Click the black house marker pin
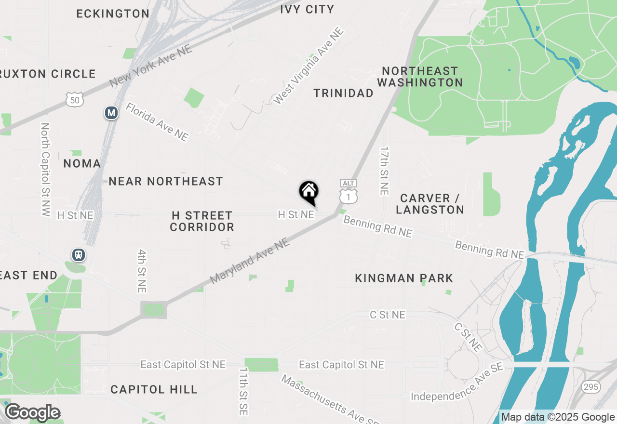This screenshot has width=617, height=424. (x=309, y=192)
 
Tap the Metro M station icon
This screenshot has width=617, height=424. (x=111, y=113)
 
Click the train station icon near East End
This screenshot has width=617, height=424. (x=78, y=254)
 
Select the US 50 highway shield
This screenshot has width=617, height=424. (x=75, y=99)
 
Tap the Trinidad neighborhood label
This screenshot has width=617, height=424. (x=343, y=93)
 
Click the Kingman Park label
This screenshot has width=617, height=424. (x=404, y=278)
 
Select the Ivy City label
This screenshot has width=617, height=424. (x=307, y=9)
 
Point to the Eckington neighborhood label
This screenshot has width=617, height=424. (x=113, y=13)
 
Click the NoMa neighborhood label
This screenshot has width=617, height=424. (x=82, y=164)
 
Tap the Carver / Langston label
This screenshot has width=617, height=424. (x=432, y=204)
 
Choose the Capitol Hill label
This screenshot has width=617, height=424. (x=154, y=389)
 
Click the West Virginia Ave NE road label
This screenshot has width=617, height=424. (x=308, y=66)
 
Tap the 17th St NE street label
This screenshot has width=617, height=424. (x=384, y=171)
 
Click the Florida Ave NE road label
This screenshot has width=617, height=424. (x=157, y=122)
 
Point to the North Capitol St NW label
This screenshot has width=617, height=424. (x=46, y=169)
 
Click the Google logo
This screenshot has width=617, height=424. (x=32, y=412)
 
